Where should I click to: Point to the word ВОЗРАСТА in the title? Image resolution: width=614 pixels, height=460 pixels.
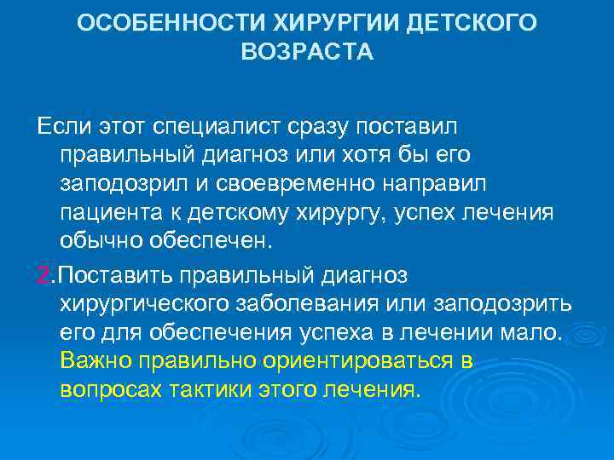pos(307,52)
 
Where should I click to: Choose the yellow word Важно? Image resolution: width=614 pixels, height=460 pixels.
pos(94,361)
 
